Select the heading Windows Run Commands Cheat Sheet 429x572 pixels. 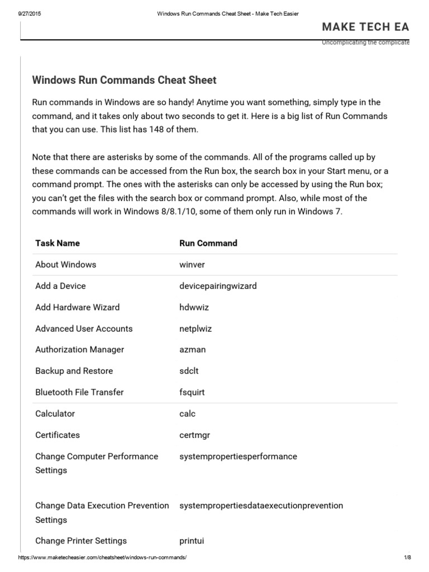point(124,80)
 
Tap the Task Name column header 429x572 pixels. point(58,243)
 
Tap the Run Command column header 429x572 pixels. point(208,243)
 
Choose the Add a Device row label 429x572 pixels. point(60,285)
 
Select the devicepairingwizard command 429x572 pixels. point(218,285)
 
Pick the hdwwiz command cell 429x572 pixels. point(194,307)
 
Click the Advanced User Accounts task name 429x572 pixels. point(84,328)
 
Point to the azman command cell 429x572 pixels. point(192,350)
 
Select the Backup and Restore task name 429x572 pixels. point(74,371)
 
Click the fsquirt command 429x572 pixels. point(192,392)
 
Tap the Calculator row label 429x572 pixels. point(55,413)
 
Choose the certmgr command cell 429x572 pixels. point(195,435)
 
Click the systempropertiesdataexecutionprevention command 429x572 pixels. point(261,506)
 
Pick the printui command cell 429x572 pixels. point(192,541)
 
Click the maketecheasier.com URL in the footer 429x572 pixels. point(102,558)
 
